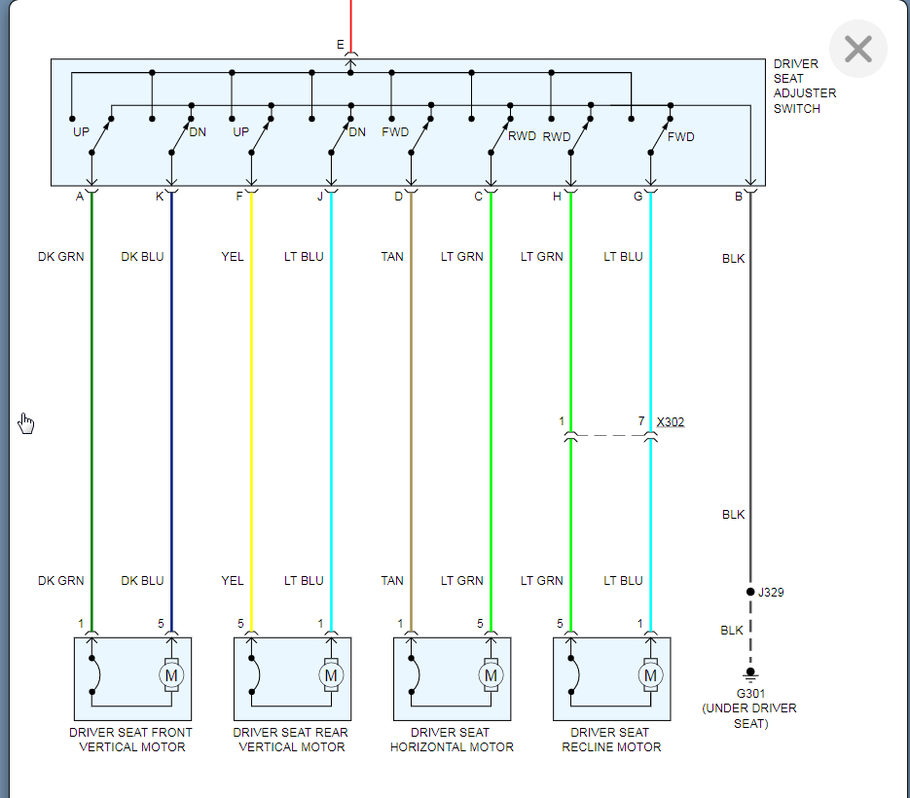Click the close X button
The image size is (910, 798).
pyautogui.click(x=857, y=49)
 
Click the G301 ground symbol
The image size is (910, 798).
pyautogui.click(x=749, y=674)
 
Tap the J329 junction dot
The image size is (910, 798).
pyautogui.click(x=750, y=592)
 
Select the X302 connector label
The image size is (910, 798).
pyautogui.click(x=671, y=422)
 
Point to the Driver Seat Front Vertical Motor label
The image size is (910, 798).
pyautogui.click(x=131, y=740)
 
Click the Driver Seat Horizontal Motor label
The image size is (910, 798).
pyautogui.click(x=452, y=740)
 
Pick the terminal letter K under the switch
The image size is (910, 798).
pyautogui.click(x=160, y=197)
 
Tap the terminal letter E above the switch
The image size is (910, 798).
pyautogui.click(x=340, y=45)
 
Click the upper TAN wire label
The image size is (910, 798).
pyautogui.click(x=392, y=257)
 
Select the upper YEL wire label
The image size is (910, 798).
pyautogui.click(x=233, y=257)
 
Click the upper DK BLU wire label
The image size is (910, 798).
pyautogui.click(x=142, y=257)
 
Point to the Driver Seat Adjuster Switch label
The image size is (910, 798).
pyautogui.click(x=804, y=87)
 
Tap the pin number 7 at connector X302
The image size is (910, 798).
pyautogui.click(x=641, y=421)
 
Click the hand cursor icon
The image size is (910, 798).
pyautogui.click(x=26, y=422)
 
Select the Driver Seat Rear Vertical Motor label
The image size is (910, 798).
pyautogui.click(x=291, y=740)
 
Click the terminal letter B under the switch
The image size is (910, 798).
pyautogui.click(x=739, y=197)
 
